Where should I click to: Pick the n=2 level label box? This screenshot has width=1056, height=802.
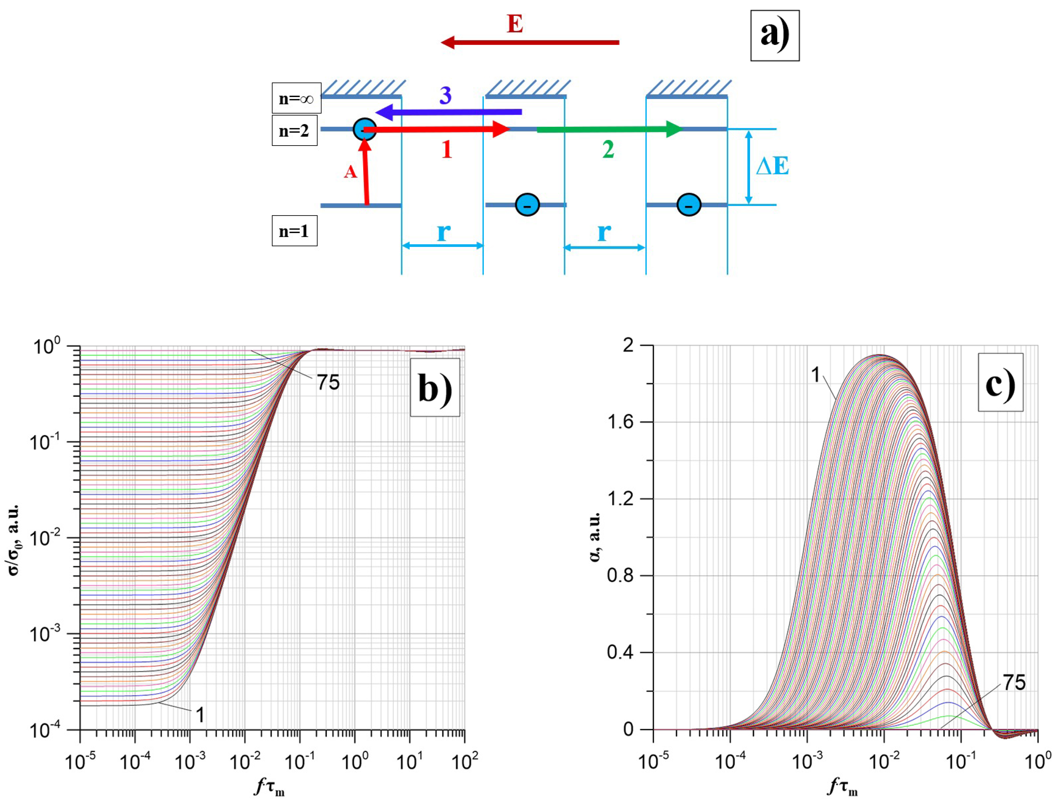point(294,130)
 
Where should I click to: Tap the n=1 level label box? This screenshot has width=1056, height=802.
point(294,231)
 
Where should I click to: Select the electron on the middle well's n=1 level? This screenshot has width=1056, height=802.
point(527,205)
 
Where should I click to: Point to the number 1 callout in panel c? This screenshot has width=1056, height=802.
point(816,375)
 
